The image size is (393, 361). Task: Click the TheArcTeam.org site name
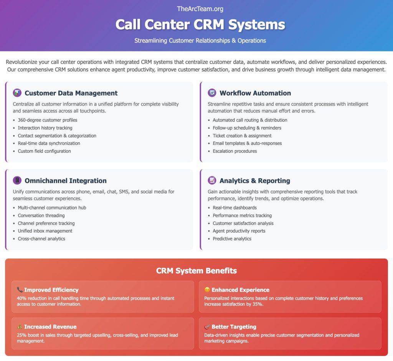200,9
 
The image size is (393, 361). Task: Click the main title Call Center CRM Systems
200,25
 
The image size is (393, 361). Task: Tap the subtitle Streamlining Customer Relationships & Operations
200,41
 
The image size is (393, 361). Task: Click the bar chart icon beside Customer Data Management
17,93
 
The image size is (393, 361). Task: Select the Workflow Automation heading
255,93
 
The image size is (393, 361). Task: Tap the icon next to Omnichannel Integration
17,181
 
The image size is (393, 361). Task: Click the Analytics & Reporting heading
254,181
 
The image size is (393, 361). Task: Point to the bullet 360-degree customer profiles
48,120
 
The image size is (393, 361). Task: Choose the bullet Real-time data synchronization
49,143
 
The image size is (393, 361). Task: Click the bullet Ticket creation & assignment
242,135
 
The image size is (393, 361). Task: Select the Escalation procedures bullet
235,151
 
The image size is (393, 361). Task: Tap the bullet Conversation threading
41,216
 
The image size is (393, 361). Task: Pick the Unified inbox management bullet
45,231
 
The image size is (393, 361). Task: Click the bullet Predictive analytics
232,239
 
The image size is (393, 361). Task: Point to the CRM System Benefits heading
196,271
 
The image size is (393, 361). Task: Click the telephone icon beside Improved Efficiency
20,290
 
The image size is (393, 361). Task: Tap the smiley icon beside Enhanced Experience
207,290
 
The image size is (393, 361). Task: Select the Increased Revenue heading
50,327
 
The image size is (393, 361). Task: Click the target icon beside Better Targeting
207,327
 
